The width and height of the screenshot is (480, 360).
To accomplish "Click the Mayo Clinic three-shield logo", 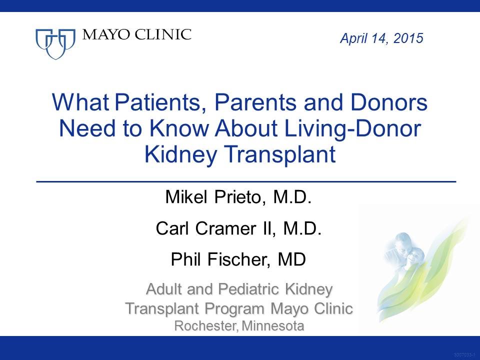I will click(55, 43).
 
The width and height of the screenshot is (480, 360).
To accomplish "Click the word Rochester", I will click(206, 326).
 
